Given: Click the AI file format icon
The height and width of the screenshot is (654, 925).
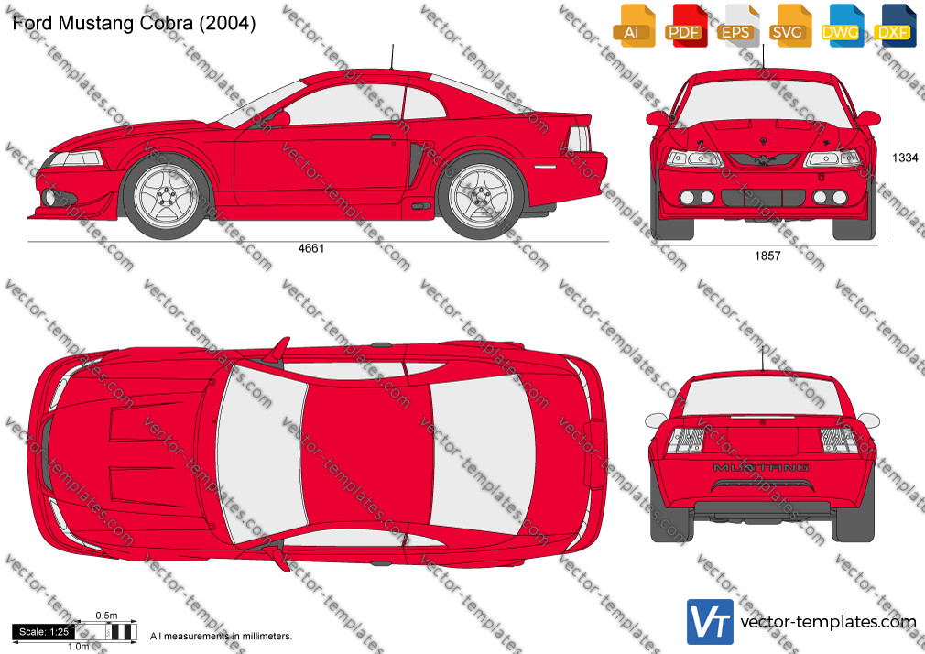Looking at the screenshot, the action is tap(634, 26).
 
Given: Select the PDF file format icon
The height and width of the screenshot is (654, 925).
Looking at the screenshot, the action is tap(686, 26).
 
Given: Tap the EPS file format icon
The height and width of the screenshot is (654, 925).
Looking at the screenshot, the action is tap(738, 26).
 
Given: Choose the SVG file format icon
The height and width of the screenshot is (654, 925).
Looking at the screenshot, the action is tap(789, 26).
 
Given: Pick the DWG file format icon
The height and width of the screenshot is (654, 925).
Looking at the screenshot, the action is tap(843, 26).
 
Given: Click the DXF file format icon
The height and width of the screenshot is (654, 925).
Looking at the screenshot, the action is tap(895, 26).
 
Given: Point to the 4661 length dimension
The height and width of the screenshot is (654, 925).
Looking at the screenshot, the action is tap(310, 248).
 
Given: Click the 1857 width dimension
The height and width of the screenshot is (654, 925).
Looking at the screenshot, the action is tap(767, 256).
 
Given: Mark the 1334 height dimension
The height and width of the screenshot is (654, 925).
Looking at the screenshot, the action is tap(904, 158).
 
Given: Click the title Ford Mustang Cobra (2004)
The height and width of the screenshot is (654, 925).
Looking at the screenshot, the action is tap(134, 23).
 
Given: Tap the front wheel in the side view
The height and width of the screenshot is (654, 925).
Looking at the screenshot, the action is tap(166, 195).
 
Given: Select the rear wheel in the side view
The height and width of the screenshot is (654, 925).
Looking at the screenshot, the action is tap(481, 195).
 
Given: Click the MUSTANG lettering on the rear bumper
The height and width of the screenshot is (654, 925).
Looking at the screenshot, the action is tap(761, 467).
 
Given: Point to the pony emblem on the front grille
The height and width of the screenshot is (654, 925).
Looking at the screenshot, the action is tap(764, 159).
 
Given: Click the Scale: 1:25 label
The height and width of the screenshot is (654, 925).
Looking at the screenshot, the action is tap(44, 632).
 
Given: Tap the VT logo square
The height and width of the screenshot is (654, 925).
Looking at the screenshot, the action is tap(711, 622).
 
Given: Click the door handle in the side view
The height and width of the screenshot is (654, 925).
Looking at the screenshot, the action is tap(380, 137).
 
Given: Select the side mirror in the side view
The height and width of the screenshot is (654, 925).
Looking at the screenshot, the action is tap(279, 119).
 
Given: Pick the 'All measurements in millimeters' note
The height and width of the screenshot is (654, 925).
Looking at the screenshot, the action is tap(221, 637).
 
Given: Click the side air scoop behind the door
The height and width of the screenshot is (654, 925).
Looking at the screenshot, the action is tap(417, 162).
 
